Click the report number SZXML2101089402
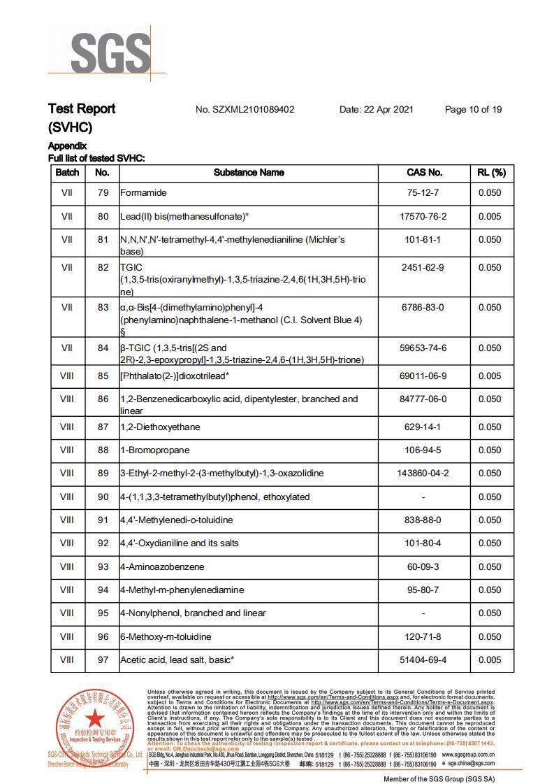pyautogui.click(x=245, y=110)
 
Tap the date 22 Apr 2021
pyautogui.click(x=377, y=110)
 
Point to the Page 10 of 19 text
pyautogui.click(x=473, y=110)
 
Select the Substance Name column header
pyautogui.click(x=249, y=172)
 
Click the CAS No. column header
pyautogui.click(x=424, y=172)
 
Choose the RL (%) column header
pyautogui.click(x=490, y=172)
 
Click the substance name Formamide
pyautogui.click(x=143, y=193)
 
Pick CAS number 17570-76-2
pyautogui.click(x=424, y=217)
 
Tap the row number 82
pyautogui.click(x=103, y=268)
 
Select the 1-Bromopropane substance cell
pyautogui.click(x=154, y=450)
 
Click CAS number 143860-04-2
pyautogui.click(x=424, y=473)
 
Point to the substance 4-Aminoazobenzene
pyautogui.click(x=162, y=567)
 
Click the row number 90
pyautogui.click(x=103, y=497)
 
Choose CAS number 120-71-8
pyautogui.click(x=424, y=637)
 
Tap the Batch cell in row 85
pyautogui.click(x=67, y=376)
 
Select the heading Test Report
pyautogui.click(x=82, y=109)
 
